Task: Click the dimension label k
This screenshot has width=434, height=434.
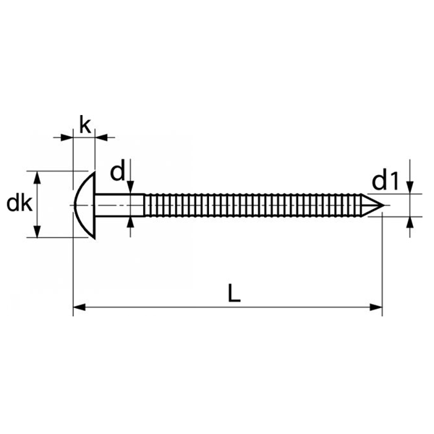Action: (85, 125)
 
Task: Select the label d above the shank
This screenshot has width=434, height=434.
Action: (117, 172)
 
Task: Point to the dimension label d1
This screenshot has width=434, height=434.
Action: (386, 180)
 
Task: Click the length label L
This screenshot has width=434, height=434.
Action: (233, 293)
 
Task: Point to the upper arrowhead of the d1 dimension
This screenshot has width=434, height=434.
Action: (409, 189)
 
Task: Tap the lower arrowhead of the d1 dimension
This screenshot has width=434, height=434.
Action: (409, 221)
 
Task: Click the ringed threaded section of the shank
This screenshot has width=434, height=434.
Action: (253, 205)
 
